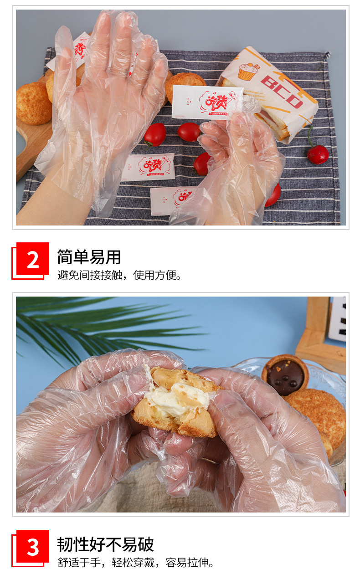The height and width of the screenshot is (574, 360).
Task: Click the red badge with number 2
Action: [32, 259]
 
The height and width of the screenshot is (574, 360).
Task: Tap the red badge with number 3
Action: [32, 546]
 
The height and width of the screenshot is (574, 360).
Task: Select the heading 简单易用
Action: [89, 257]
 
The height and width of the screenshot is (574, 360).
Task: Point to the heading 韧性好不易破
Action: [105, 544]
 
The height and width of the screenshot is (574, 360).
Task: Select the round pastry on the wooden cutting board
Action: [34, 103]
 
